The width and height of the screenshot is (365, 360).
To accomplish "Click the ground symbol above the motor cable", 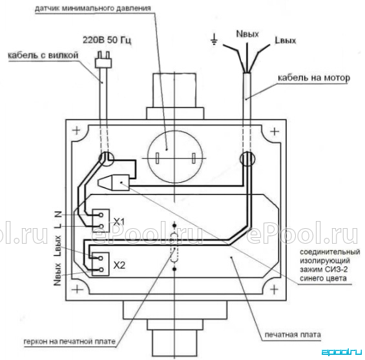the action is click(x=214, y=39).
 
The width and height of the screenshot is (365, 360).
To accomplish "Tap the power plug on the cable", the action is click(x=103, y=60).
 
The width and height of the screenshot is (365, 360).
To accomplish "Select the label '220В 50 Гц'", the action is click(x=107, y=40).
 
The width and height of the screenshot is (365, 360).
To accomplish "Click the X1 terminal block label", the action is click(x=119, y=222).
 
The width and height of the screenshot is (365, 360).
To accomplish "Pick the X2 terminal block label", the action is click(x=119, y=265).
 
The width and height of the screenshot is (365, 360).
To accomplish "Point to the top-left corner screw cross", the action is click(x=76, y=131).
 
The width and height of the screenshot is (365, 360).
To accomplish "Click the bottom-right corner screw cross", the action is click(x=274, y=290).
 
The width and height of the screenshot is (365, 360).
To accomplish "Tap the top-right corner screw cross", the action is click(x=275, y=132).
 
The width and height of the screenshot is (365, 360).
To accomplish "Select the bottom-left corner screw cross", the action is click(x=77, y=290).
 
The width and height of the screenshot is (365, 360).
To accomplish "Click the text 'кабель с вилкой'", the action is click(x=43, y=56).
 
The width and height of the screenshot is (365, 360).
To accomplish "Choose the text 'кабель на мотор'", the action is click(x=314, y=78).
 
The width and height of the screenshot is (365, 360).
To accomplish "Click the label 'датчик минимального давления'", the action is click(x=93, y=8).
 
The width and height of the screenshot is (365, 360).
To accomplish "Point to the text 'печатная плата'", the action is click(x=293, y=335).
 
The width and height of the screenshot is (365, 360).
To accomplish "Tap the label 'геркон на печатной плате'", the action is click(x=70, y=341).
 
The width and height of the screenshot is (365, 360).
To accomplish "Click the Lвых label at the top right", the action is click(x=285, y=41).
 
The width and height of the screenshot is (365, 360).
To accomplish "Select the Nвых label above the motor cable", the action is click(x=247, y=34).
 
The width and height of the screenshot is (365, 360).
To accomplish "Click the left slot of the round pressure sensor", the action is click(x=158, y=158).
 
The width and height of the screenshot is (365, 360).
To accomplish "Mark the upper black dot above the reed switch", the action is click(x=174, y=226).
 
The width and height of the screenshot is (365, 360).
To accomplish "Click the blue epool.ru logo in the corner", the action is click(x=342, y=352).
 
